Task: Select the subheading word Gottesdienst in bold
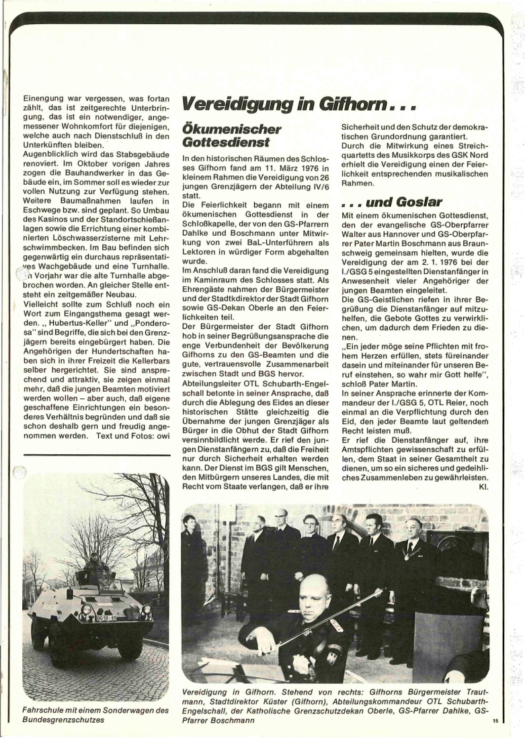pyautogui.click(x=225, y=142)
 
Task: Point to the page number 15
pyautogui.click(x=495, y=722)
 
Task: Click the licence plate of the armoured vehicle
pyautogui.click(x=106, y=617)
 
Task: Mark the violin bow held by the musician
pyautogui.click(x=329, y=616)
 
